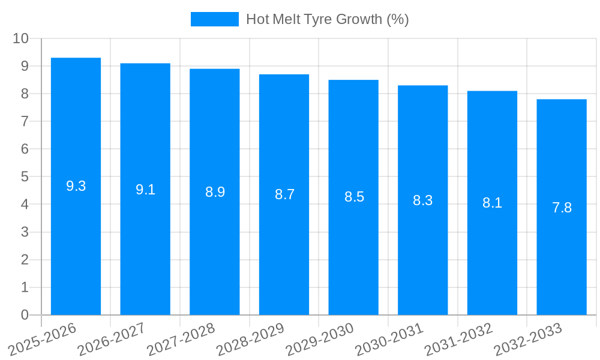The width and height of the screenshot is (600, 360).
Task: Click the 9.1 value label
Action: click(x=145, y=190)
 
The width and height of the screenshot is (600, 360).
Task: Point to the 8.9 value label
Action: click(x=215, y=193)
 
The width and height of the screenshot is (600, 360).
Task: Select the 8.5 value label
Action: click(x=354, y=197)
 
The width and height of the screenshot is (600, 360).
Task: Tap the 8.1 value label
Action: click(x=492, y=203)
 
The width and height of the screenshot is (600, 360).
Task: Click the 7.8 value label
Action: click(x=562, y=208)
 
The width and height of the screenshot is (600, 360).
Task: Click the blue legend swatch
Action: click(x=214, y=19)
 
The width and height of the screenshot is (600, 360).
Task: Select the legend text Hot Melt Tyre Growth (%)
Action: click(x=327, y=19)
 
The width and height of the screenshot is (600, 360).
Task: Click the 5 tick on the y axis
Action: click(x=25, y=177)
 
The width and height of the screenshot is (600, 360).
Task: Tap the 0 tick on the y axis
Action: click(x=25, y=315)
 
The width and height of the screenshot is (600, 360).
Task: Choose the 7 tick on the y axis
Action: click(x=25, y=122)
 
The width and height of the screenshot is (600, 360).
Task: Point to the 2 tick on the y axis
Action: click(x=25, y=260)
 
